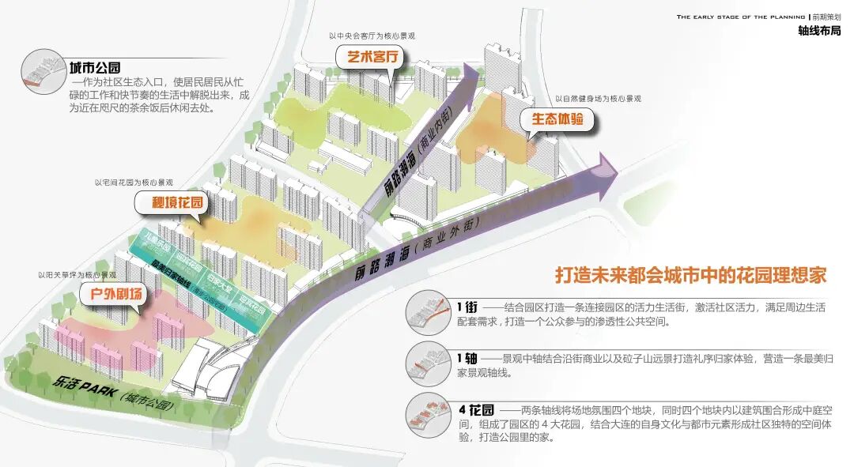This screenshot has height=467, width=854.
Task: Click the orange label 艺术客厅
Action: point(371,58)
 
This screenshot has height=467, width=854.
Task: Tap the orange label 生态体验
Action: point(557,120)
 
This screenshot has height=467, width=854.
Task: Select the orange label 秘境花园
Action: point(177,203)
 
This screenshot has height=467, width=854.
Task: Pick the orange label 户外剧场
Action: point(115,296)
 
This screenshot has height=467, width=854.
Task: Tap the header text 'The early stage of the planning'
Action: point(740,16)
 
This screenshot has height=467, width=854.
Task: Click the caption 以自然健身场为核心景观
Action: point(598,99)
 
